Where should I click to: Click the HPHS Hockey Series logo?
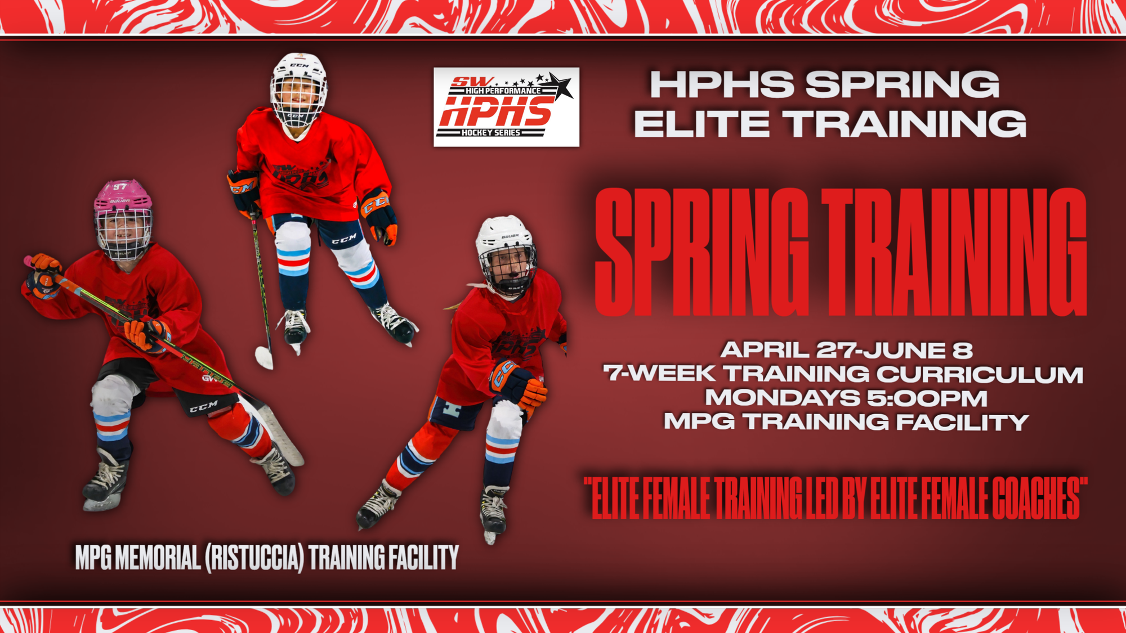506,107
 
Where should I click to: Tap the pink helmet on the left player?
122,197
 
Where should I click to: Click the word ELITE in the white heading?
701,124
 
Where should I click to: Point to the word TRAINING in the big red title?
955,252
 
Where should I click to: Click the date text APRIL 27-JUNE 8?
847,350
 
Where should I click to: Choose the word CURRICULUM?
980,374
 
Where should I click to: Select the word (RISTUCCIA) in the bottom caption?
254,558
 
